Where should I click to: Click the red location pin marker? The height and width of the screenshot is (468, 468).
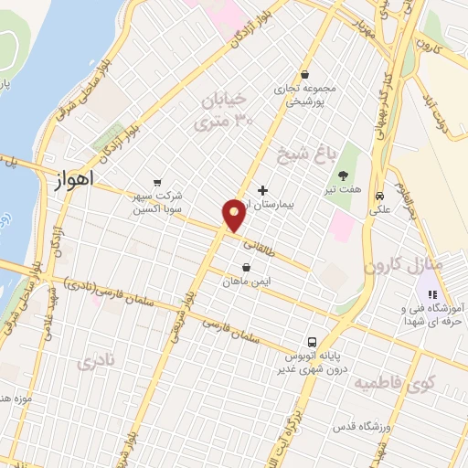(x=234, y=214)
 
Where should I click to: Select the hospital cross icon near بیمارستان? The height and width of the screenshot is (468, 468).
(x=263, y=191)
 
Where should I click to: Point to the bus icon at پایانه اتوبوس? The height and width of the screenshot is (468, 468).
(x=313, y=341)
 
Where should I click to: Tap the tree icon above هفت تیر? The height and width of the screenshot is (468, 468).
(x=343, y=175)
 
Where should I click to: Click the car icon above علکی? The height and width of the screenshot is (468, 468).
(x=378, y=195)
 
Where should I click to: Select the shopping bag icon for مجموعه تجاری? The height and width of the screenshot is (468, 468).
(x=304, y=75)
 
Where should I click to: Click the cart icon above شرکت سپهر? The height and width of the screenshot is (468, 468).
(x=158, y=182)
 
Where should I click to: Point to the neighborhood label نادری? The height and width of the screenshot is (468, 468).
(x=99, y=361)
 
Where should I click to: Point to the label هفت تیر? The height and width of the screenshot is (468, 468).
(x=346, y=190)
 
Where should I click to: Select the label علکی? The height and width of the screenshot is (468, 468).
(x=378, y=209)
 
